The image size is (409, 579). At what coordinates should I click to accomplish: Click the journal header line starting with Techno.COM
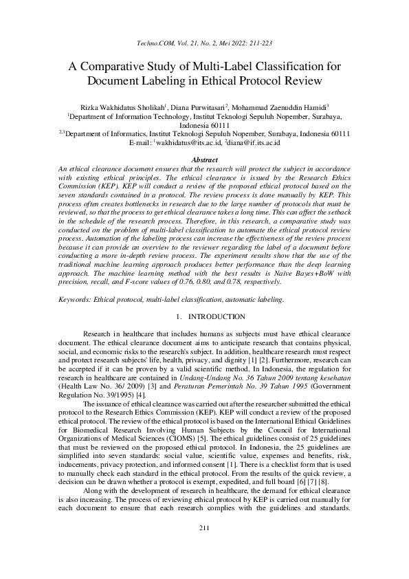tap(204, 43)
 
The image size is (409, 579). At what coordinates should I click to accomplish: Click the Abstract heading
tap(204, 159)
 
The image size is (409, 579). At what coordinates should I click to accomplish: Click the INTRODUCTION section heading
tap(216, 317)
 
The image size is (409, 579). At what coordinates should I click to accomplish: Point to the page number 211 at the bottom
tap(204, 547)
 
